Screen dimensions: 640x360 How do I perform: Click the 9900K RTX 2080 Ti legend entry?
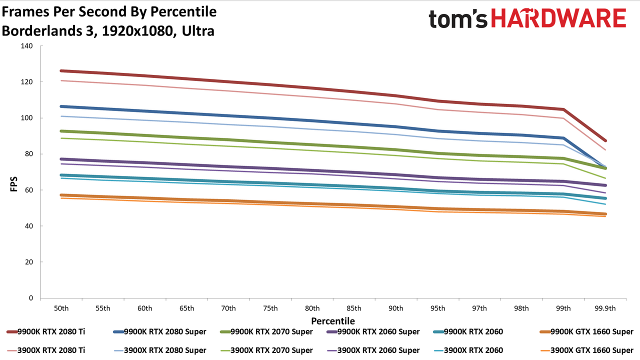tap(45, 331)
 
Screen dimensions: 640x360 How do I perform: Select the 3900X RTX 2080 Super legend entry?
tap(159, 350)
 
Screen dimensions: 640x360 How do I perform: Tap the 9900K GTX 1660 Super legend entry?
tap(586, 331)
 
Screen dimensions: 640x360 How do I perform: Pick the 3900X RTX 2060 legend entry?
tap(468, 350)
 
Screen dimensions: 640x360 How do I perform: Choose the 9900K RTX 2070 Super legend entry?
tap(266, 331)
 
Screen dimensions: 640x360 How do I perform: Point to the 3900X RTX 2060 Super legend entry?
tap(373, 350)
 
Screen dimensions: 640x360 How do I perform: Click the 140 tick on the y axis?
tap(26, 46)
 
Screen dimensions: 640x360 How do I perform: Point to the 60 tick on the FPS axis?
tap(29, 190)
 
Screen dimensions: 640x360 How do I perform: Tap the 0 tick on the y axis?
tap(31, 298)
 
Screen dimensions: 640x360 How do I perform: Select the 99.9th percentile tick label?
tap(605, 308)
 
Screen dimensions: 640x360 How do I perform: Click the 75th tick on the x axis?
tap(270, 308)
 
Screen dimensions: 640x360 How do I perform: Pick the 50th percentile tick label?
tap(61, 308)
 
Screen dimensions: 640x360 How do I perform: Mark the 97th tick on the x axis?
tap(479, 308)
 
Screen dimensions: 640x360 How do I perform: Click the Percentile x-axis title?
tap(333, 321)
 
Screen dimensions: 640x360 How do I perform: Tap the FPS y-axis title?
tap(13, 184)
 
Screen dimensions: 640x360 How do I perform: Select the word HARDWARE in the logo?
tap(559, 18)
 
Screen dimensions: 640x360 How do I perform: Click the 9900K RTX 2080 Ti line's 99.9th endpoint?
tap(605, 140)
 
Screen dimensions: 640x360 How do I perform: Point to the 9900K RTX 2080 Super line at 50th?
tap(61, 106)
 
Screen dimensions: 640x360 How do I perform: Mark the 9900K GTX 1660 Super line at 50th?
tap(61, 195)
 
